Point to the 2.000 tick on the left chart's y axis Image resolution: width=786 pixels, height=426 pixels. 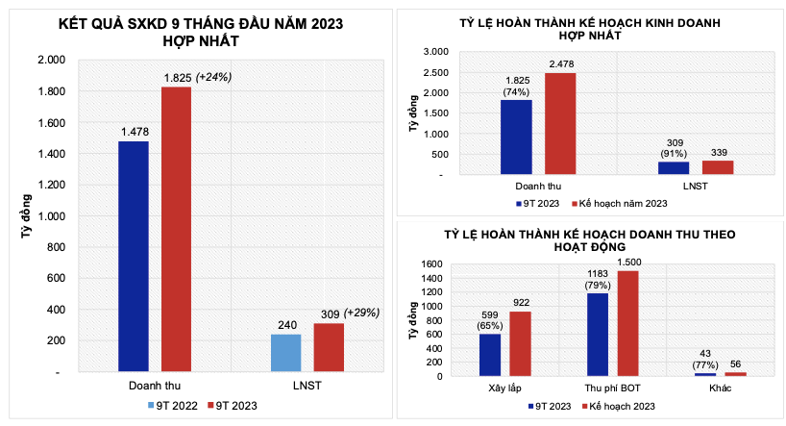[x=51, y=60]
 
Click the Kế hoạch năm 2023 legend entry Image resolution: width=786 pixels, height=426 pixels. [x=619, y=204]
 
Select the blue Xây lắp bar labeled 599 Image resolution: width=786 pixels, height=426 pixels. [x=489, y=355]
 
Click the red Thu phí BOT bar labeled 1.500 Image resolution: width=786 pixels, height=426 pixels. [x=626, y=323]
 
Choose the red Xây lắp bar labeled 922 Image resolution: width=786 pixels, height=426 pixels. [x=519, y=343]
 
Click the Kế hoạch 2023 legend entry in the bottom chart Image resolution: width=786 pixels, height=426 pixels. [x=619, y=407]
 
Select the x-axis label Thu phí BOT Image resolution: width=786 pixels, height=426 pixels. [x=611, y=388]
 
